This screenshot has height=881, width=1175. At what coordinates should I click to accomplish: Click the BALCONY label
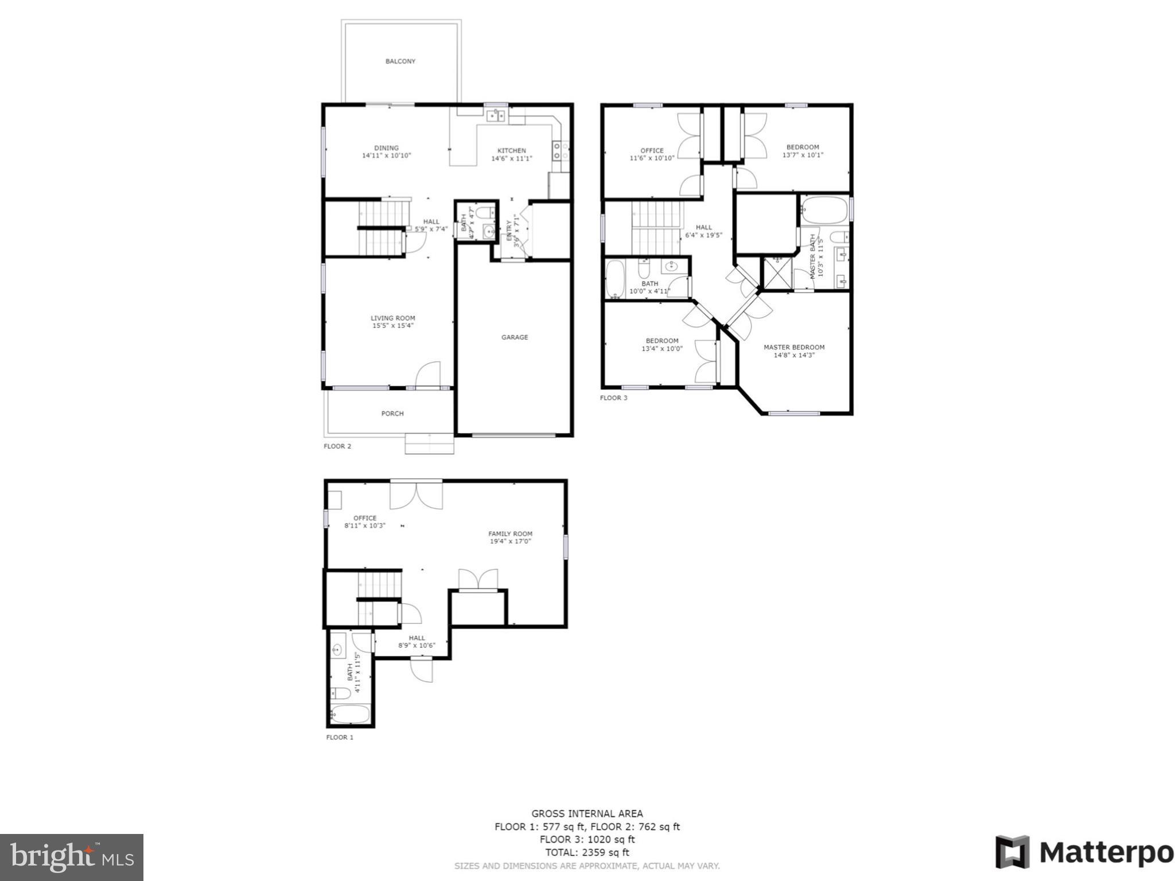(x=400, y=61)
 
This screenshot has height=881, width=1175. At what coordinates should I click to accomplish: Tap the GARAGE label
(x=515, y=337)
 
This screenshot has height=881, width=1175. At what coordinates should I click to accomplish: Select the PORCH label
(x=392, y=414)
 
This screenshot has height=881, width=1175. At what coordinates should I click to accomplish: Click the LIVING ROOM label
(x=392, y=318)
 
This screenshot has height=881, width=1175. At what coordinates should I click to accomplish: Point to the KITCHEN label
(x=511, y=151)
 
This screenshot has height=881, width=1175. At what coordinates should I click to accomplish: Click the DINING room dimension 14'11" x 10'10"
(x=386, y=155)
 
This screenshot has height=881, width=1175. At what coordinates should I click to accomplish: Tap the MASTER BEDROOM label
(x=793, y=347)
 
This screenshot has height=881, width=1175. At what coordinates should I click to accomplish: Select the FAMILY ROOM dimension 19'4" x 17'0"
(x=510, y=541)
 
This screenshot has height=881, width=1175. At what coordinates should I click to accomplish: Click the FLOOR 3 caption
(x=613, y=398)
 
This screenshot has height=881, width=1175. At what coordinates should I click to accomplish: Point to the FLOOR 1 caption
(x=340, y=737)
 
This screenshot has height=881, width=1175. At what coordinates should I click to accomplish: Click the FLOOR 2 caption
(x=337, y=446)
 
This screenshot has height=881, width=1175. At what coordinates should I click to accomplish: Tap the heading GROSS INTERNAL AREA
(x=587, y=813)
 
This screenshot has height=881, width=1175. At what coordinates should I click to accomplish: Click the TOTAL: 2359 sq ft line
(x=587, y=852)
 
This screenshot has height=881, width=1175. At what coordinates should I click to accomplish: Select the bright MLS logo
(x=72, y=857)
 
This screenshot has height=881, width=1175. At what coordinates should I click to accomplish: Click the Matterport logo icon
(x=1013, y=852)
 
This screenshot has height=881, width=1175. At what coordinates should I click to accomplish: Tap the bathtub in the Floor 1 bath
(x=351, y=714)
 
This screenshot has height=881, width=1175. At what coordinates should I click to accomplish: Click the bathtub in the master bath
(x=824, y=210)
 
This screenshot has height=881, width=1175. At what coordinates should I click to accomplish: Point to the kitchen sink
(x=496, y=116)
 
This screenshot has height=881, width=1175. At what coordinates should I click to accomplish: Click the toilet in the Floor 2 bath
(x=485, y=213)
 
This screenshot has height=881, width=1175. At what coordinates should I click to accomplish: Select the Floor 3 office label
(x=652, y=150)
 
